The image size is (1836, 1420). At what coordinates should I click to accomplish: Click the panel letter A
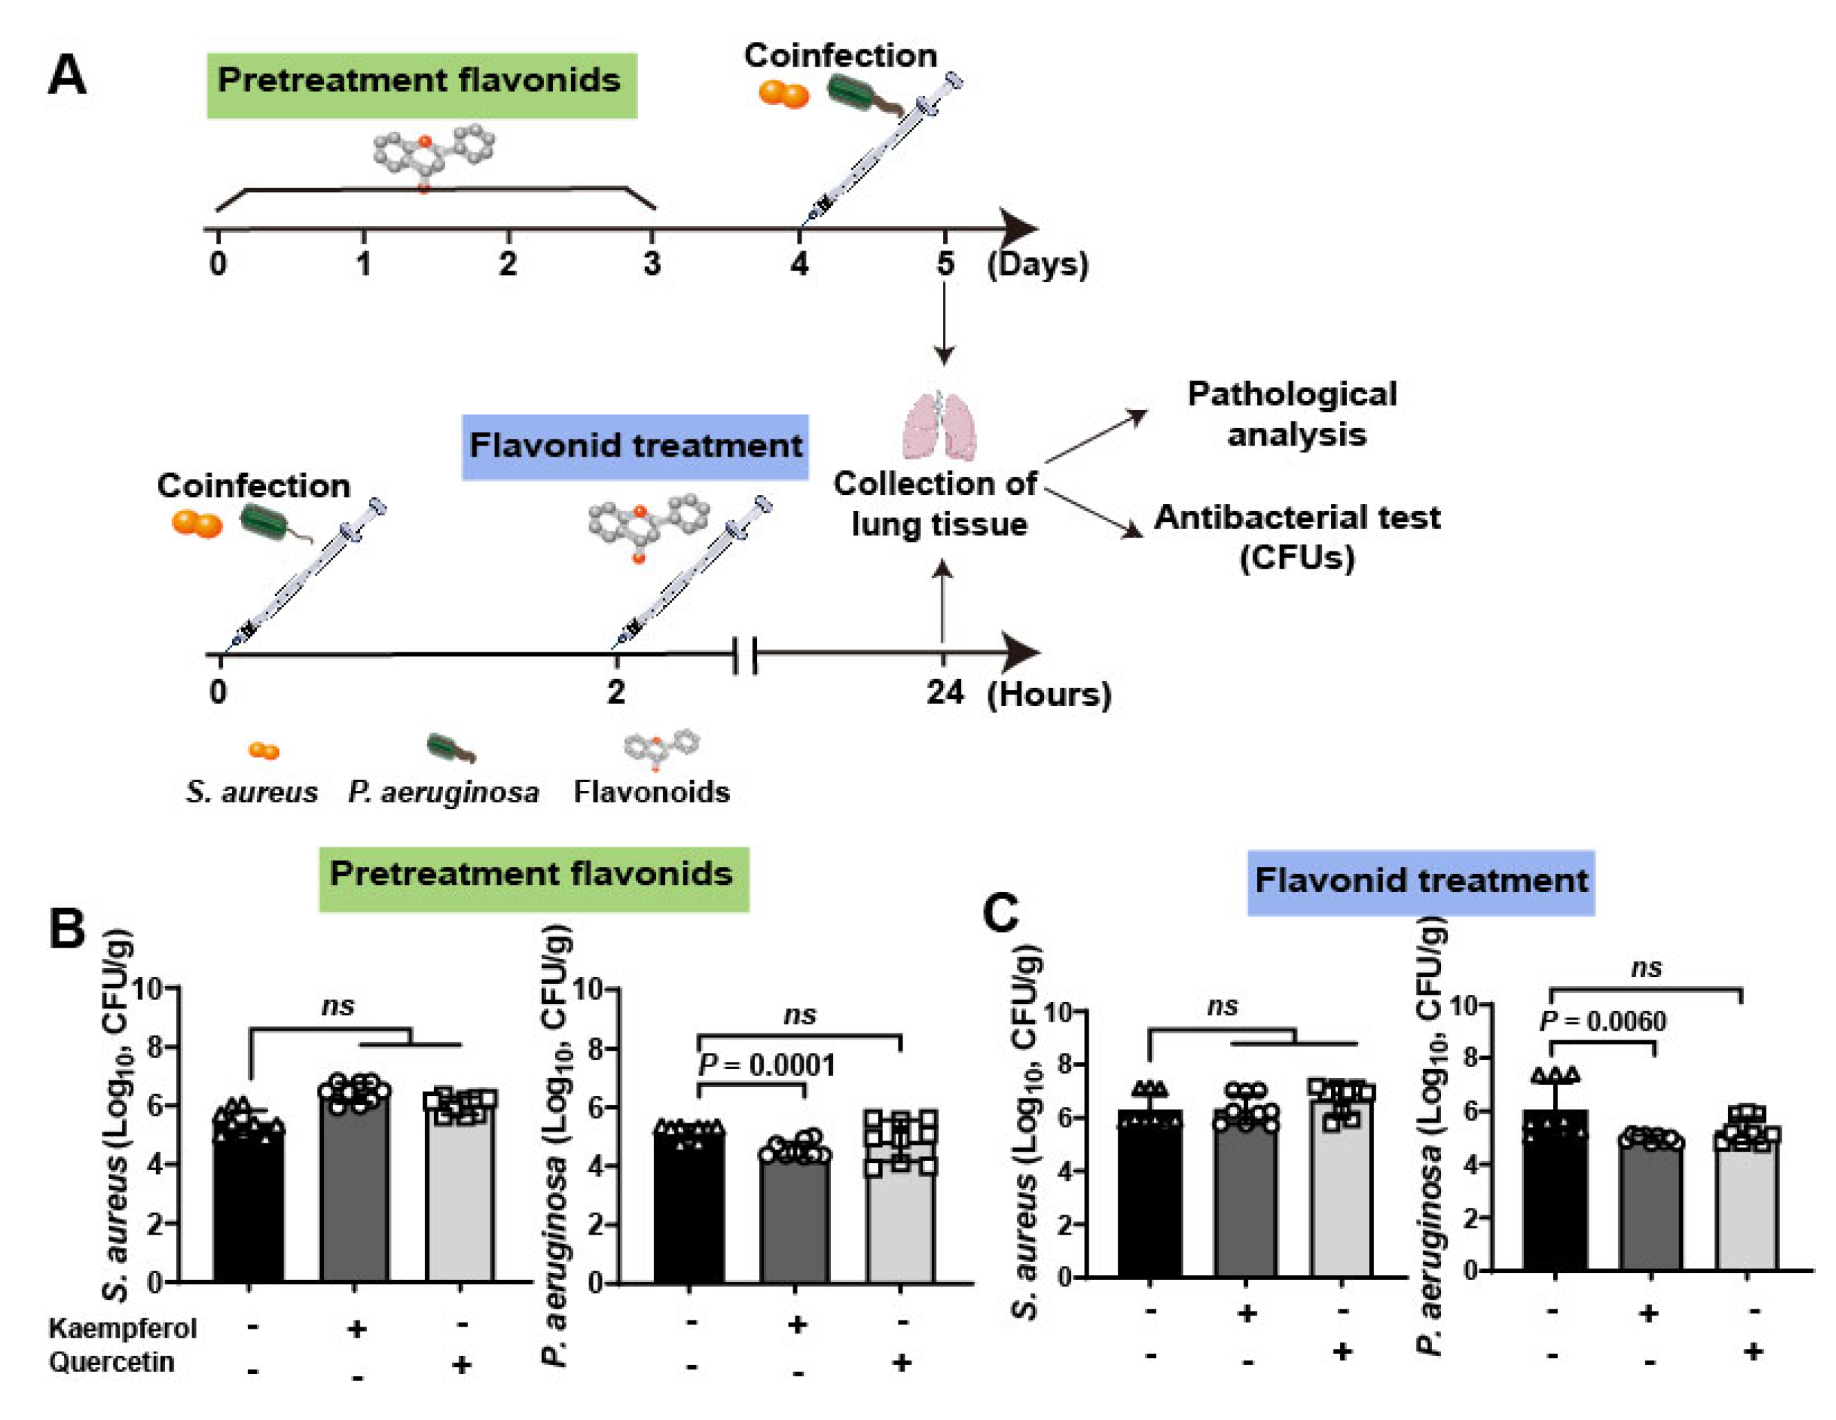67,76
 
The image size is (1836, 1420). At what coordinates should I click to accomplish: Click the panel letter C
1000,913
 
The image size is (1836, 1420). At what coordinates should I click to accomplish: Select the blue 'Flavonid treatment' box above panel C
1420,882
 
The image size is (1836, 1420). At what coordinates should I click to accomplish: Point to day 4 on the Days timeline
799,264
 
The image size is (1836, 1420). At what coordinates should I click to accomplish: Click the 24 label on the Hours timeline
945,694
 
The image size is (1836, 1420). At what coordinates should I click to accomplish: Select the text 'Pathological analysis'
1293,414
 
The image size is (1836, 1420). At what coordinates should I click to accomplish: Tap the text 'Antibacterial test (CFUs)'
1296,536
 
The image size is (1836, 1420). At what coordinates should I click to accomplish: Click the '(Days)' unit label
1037,264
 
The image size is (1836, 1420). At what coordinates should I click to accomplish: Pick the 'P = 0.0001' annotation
767,1066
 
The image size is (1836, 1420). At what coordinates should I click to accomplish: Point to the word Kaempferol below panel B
123,1329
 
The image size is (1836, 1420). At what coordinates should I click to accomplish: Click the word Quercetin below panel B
112,1362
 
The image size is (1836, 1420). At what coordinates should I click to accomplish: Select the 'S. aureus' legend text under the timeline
252,792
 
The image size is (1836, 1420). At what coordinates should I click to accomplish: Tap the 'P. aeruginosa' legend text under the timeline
443,792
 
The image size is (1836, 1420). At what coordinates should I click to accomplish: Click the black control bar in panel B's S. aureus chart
249,1202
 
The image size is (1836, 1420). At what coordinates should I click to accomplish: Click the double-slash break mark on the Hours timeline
745,655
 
